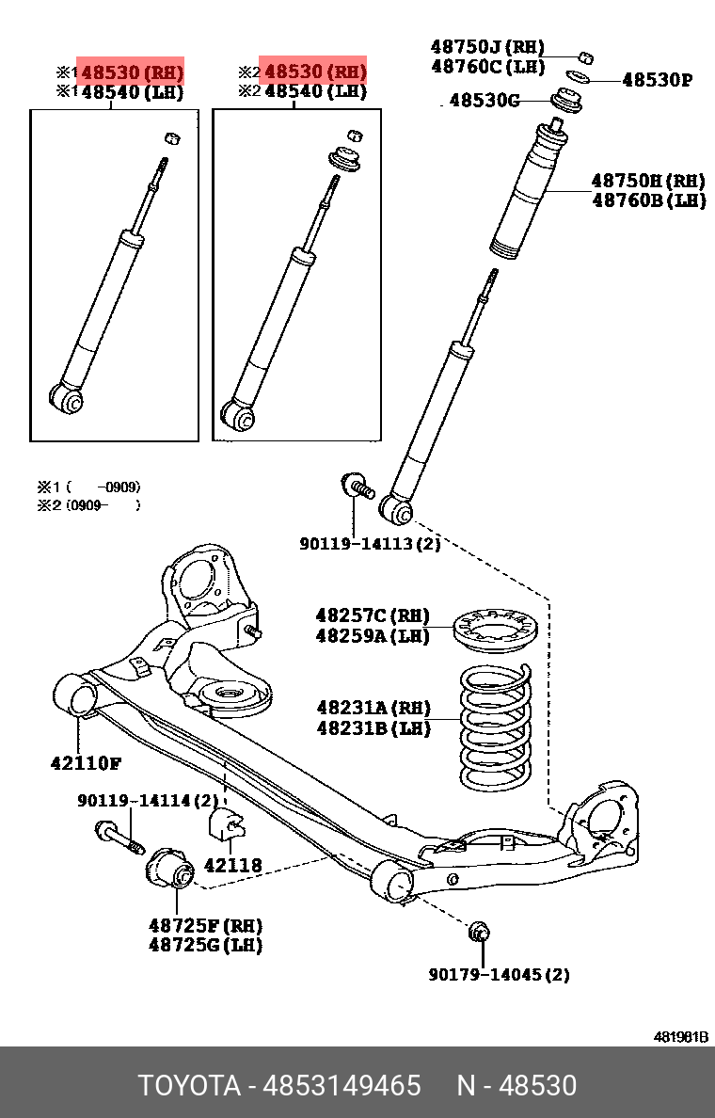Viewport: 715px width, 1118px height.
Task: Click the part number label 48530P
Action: (x=656, y=80)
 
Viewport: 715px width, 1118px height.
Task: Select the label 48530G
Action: (x=484, y=100)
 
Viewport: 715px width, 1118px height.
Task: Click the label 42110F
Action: (x=86, y=762)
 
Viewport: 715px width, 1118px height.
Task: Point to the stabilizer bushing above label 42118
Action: (x=225, y=824)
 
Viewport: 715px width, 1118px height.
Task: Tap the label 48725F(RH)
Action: (x=205, y=926)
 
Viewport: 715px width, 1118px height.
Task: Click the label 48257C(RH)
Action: (x=373, y=616)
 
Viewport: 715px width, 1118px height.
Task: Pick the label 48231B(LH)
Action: (x=373, y=727)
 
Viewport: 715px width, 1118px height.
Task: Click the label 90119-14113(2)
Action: (x=370, y=544)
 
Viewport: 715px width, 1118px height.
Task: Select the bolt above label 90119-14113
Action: (x=357, y=487)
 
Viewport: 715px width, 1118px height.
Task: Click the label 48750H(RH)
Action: (x=648, y=180)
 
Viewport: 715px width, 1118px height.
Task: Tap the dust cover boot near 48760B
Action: (x=530, y=194)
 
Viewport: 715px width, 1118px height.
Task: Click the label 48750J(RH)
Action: (x=487, y=46)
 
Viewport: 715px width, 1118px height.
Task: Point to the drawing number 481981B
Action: (x=681, y=1037)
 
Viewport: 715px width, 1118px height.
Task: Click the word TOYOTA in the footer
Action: (x=190, y=1086)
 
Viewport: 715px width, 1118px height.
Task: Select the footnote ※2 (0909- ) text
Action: (x=89, y=505)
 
